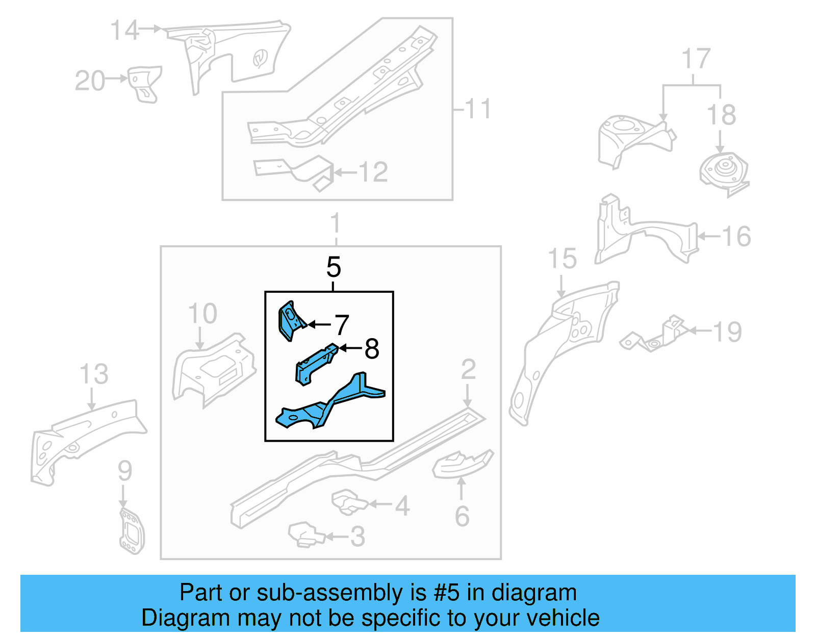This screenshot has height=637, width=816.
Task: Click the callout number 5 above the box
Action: [x=333, y=267]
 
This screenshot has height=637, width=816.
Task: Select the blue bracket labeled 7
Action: [x=289, y=320]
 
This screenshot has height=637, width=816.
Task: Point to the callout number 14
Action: [x=124, y=31]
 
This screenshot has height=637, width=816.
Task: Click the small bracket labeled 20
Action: [x=144, y=83]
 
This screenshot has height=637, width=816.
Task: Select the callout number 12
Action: [x=373, y=172]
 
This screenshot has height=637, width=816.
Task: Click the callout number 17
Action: [x=696, y=59]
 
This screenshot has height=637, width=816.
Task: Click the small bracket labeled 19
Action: [x=658, y=337]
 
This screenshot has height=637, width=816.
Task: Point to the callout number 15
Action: [x=562, y=259]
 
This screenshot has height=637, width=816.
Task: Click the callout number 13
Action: [x=94, y=374]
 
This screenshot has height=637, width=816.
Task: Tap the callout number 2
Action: [x=468, y=369]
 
